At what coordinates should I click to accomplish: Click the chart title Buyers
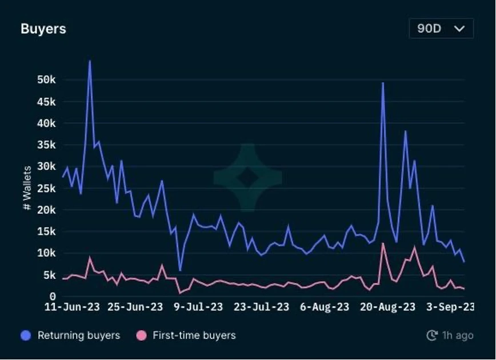tap(43, 29)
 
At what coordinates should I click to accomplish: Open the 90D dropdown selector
tap(441, 29)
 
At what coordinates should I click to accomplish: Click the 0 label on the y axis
tap(53, 297)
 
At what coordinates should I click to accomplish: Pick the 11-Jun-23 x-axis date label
tap(72, 307)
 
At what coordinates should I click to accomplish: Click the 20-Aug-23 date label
tap(387, 307)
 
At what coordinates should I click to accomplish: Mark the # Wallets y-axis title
tap(27, 188)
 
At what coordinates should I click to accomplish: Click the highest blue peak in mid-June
tap(90, 61)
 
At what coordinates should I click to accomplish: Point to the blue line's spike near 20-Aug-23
tap(383, 83)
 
